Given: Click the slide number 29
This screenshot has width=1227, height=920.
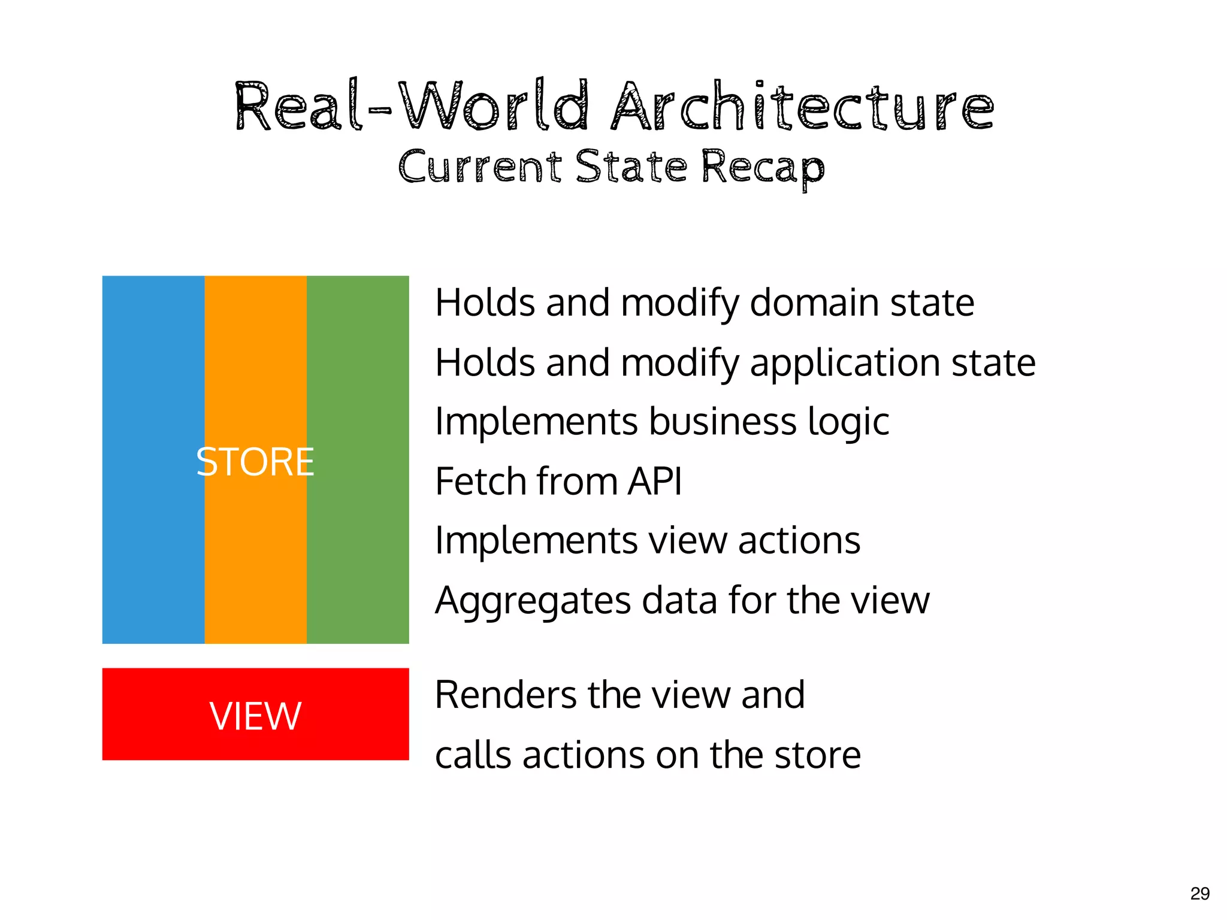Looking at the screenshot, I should (1199, 894).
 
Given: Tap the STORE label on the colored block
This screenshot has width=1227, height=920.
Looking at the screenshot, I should (255, 462).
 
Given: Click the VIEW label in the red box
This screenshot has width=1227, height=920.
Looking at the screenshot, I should (255, 716).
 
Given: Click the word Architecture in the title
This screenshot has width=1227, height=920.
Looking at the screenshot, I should (802, 108).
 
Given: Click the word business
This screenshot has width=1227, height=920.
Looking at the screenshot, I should (723, 421).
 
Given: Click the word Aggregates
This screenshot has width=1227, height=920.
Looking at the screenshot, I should (533, 601).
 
